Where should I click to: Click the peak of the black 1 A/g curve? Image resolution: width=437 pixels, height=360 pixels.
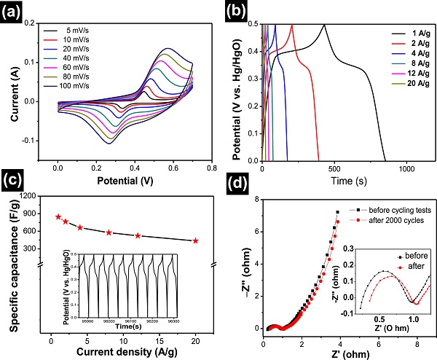click(324, 25)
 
